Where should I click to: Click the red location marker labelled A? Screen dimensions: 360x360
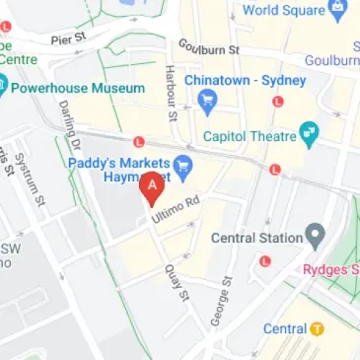(151, 187)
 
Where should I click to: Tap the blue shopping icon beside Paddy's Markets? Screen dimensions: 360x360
(182, 164)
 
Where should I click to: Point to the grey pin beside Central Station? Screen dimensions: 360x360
(315, 236)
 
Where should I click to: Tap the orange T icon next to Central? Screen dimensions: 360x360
(318, 328)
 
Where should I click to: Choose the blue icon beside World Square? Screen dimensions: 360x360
(339, 12)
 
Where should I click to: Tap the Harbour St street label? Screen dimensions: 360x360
(172, 95)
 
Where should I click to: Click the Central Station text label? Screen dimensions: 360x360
(255, 237)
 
